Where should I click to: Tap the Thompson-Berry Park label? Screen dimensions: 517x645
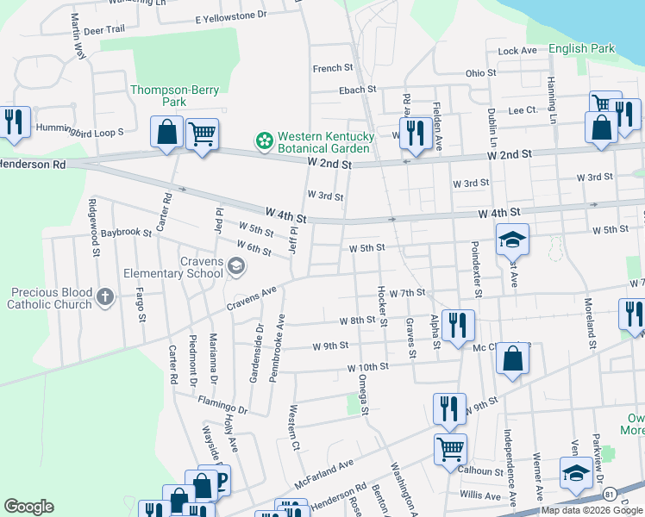(158, 96)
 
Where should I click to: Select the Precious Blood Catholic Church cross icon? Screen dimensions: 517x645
(105, 297)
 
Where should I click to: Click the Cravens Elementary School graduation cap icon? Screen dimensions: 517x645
(235, 268)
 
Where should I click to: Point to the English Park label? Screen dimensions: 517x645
(582, 49)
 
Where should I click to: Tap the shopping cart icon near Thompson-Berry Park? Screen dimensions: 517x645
(202, 134)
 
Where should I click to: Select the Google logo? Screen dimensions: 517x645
(28, 507)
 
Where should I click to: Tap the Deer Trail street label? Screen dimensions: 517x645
(104, 29)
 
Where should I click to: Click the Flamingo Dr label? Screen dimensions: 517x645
(222, 405)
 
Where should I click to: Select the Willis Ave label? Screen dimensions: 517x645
(479, 495)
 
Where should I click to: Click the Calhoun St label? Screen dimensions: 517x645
(480, 471)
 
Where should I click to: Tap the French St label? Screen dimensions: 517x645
(334, 68)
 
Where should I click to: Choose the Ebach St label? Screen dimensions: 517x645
(357, 89)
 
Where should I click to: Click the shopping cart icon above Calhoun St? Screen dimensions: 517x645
(450, 447)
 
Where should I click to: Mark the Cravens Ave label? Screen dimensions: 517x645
(251, 299)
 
